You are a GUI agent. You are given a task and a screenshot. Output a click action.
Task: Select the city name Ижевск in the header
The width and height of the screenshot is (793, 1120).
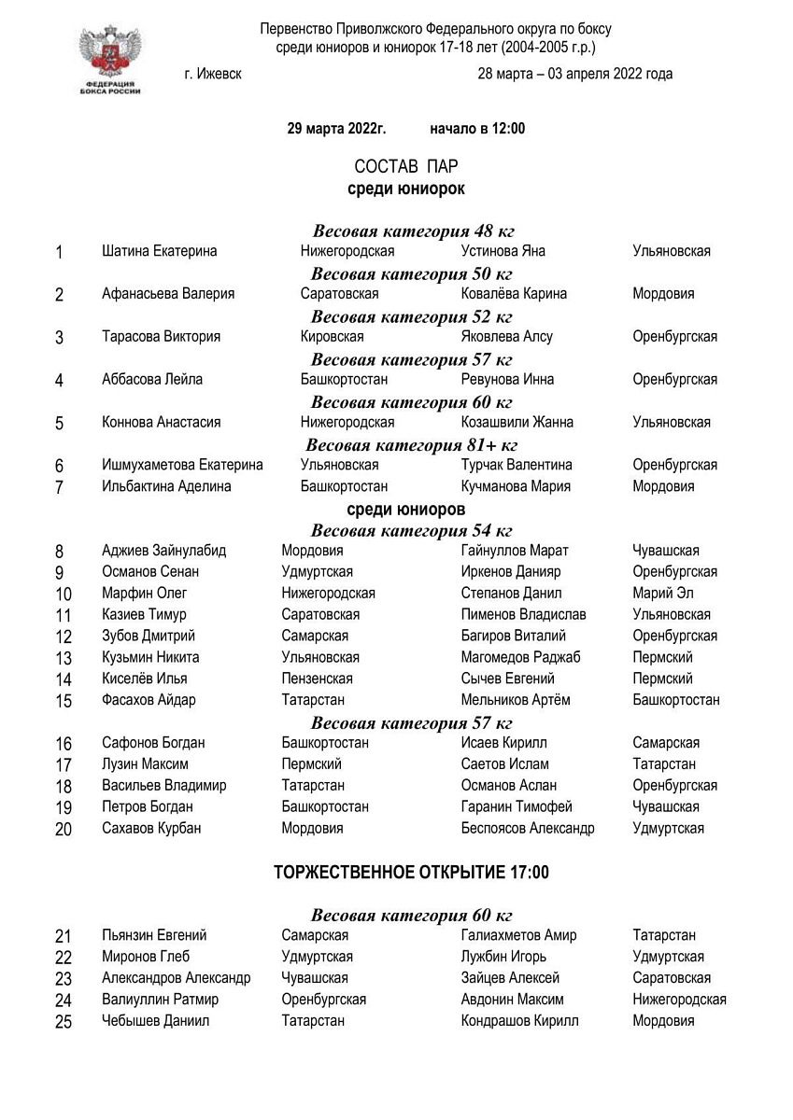[x=214, y=74]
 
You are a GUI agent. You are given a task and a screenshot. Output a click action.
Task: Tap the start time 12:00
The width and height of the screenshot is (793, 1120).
[x=505, y=129]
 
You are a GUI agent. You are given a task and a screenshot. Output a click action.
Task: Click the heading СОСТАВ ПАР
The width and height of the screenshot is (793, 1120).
[x=405, y=166]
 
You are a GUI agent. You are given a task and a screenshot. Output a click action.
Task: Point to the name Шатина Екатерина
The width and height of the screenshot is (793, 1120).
[x=159, y=251]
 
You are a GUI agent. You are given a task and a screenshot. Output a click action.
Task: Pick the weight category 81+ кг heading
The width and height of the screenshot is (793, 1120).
[x=411, y=444]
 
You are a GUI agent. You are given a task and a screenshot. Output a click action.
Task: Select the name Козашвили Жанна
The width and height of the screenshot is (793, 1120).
[x=517, y=422]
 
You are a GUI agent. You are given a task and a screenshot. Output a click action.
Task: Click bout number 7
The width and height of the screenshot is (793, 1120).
[x=60, y=487]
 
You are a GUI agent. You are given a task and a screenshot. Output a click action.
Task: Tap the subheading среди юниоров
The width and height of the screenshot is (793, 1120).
[x=405, y=510]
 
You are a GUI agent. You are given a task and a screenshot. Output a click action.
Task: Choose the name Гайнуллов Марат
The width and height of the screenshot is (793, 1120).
[x=515, y=551]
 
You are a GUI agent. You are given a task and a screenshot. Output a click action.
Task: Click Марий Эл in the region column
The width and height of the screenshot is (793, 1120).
[x=662, y=594]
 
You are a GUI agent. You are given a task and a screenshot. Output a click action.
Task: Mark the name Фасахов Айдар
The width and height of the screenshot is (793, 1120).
[x=149, y=700]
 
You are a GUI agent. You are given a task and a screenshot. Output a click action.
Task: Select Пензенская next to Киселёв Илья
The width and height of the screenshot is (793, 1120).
[x=317, y=679]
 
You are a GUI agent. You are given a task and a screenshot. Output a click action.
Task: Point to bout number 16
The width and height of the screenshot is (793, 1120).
[x=64, y=744]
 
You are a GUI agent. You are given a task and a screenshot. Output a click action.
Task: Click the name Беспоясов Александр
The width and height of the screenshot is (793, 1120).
[x=527, y=828]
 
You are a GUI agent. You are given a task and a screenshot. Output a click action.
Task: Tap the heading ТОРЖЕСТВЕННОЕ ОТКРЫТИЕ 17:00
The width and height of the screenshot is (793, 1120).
[x=411, y=874]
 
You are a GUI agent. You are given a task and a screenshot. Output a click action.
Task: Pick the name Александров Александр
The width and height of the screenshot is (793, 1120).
[x=176, y=978]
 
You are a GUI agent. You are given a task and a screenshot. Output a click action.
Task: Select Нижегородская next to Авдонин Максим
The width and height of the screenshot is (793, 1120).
[x=679, y=1000]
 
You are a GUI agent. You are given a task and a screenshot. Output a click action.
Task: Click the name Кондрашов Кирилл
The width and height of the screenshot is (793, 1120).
[x=519, y=1021]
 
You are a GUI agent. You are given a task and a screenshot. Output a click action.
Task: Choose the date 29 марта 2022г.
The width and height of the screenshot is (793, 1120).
[x=336, y=129]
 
